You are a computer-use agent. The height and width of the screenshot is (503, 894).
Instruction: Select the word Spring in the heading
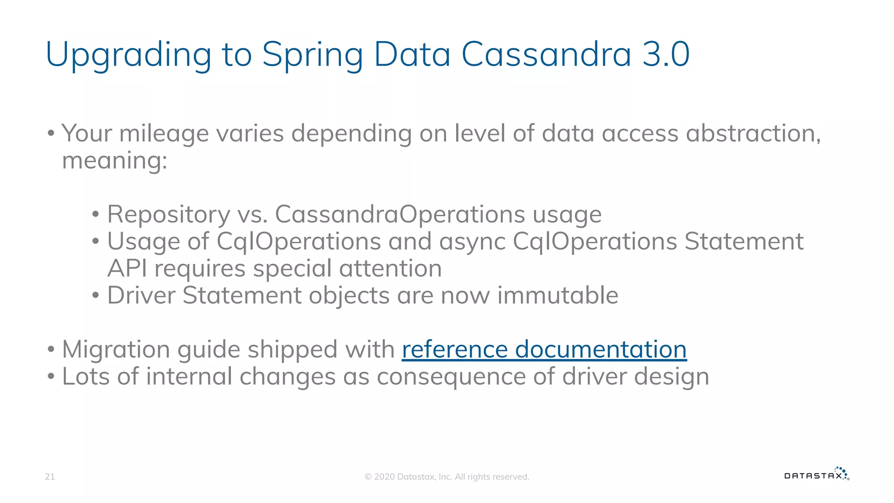tap(313, 55)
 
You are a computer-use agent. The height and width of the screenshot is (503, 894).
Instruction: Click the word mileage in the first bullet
tap(164, 134)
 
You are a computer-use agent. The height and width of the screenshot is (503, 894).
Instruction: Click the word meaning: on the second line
tap(115, 161)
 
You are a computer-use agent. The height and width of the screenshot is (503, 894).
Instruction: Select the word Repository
tap(168, 215)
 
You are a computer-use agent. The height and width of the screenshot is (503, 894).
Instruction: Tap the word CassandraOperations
tap(400, 214)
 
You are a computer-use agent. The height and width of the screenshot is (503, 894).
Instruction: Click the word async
tap(472, 242)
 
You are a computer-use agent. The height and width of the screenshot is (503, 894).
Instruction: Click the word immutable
tap(557, 295)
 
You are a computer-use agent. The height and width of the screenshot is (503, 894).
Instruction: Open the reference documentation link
tap(544, 349)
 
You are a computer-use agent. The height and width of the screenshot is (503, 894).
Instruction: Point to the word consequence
tap(451, 376)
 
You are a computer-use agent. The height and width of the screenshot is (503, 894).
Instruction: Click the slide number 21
tap(50, 477)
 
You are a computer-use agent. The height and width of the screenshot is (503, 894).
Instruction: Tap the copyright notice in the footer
tap(447, 477)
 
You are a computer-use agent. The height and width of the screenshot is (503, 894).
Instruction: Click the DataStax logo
tap(817, 474)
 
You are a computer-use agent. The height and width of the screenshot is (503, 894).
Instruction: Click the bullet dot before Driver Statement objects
tap(96, 296)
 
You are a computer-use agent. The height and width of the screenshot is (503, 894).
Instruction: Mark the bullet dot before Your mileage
tap(51, 133)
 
